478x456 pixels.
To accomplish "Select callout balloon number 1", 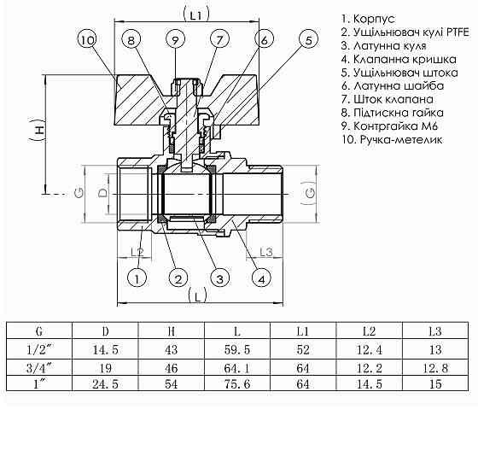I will (134, 278).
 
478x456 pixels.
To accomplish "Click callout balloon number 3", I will (219, 278).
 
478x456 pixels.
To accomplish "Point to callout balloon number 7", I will (219, 39).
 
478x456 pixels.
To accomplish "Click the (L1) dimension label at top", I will (197, 15).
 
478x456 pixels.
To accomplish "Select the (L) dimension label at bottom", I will (197, 296).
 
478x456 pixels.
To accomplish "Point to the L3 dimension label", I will (264, 251).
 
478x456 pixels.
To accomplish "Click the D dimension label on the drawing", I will (103, 194).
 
